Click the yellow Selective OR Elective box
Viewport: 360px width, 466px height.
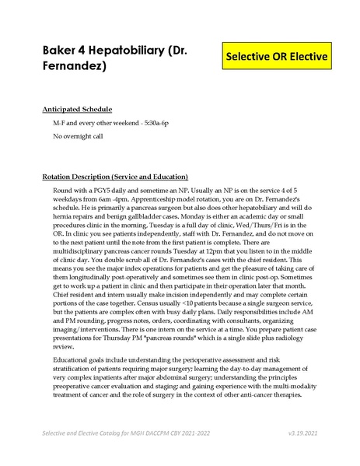[276, 58]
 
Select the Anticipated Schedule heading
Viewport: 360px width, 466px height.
[77, 110]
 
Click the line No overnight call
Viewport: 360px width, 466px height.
[81, 137]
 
